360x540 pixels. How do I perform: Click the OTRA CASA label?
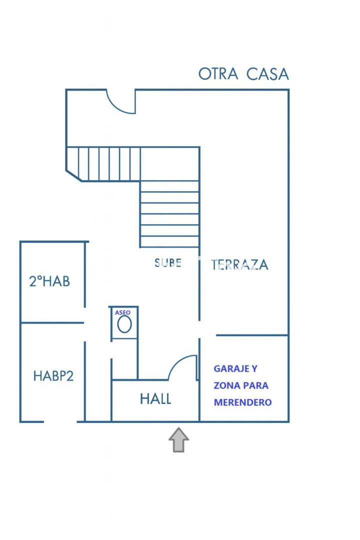[243, 74]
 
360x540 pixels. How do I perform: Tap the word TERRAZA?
[240, 265]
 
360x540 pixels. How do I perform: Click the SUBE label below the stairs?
[168, 263]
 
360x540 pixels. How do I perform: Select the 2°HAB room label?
[49, 281]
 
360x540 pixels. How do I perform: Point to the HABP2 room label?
[53, 375]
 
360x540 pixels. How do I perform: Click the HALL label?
[155, 399]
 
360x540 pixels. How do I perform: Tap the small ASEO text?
[122, 312]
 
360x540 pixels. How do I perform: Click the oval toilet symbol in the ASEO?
[124, 324]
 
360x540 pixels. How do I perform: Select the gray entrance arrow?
[179, 440]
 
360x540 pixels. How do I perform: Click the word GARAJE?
[231, 369]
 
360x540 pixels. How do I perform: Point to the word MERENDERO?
[242, 402]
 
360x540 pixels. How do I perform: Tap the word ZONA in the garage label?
[225, 385]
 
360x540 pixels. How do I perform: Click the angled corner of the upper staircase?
[73, 175]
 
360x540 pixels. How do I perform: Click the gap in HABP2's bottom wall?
[60, 421]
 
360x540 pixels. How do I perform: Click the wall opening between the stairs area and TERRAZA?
[199, 329]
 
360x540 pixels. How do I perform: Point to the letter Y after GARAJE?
[254, 369]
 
